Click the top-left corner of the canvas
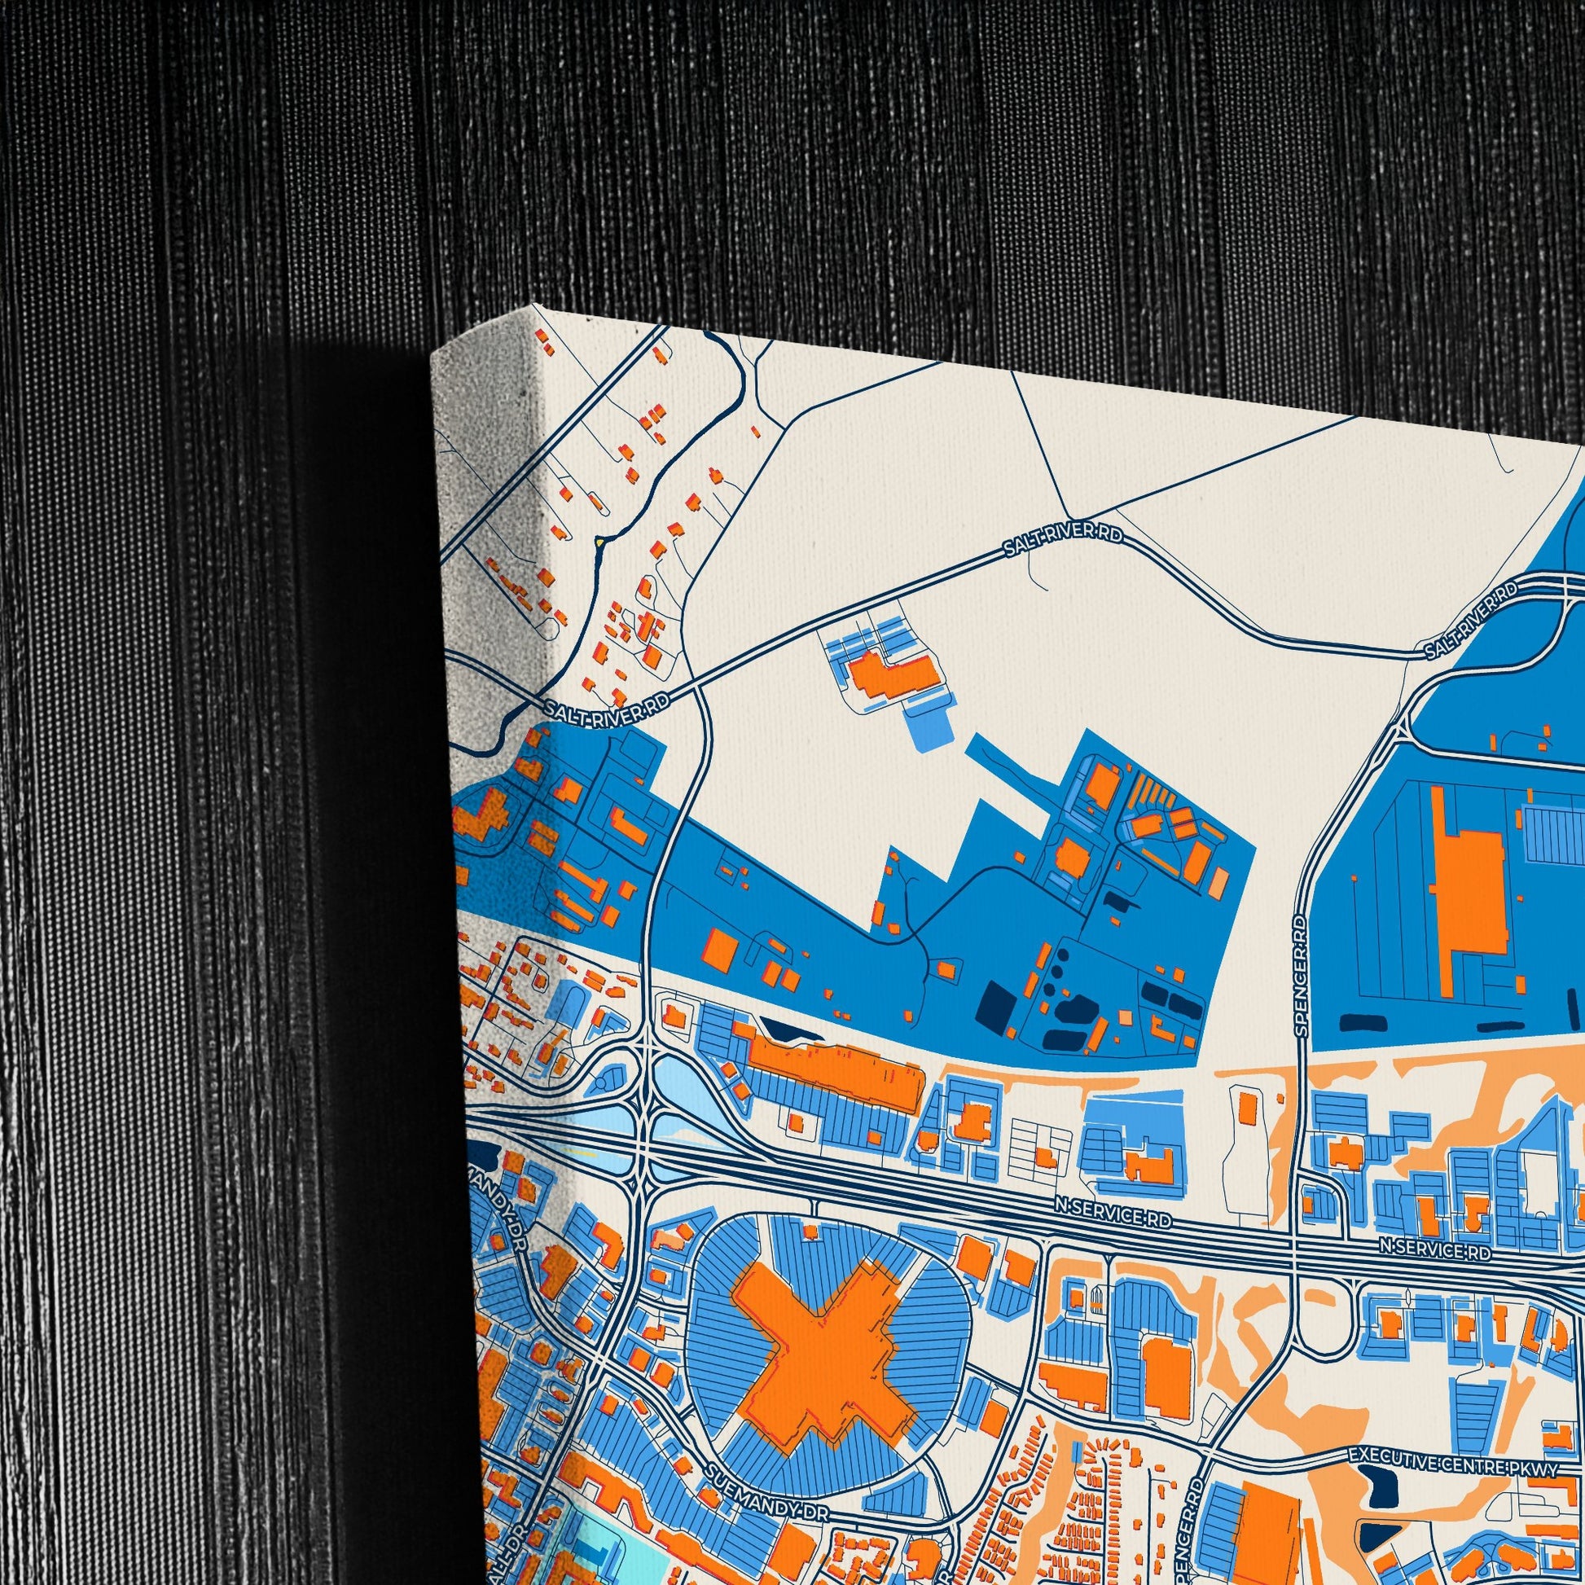542,309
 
